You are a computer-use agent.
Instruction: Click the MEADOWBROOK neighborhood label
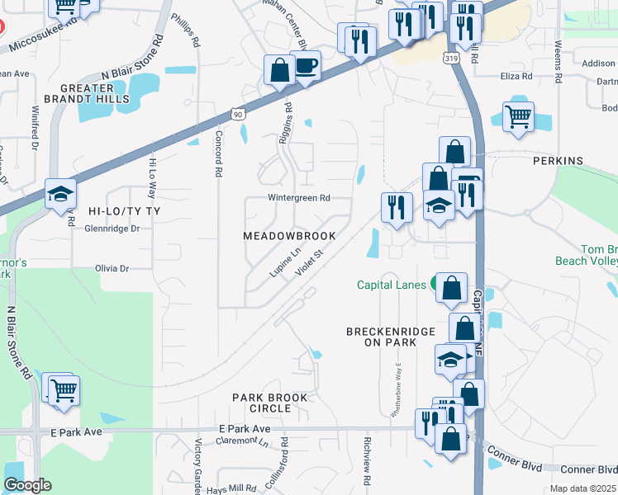(289, 236)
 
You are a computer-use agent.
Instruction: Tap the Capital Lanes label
(391, 285)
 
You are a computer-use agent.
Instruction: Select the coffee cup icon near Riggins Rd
(306, 65)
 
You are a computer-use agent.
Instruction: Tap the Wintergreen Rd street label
(298, 198)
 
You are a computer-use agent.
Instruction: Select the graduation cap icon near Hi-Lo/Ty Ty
(61, 194)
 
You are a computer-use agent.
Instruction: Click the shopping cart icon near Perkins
(518, 117)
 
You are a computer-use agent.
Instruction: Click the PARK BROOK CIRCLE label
(269, 403)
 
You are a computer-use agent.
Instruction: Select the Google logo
(27, 485)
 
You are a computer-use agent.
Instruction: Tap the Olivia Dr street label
(112, 268)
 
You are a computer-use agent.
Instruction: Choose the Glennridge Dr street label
(112, 229)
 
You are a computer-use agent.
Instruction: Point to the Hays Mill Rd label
(232, 488)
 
